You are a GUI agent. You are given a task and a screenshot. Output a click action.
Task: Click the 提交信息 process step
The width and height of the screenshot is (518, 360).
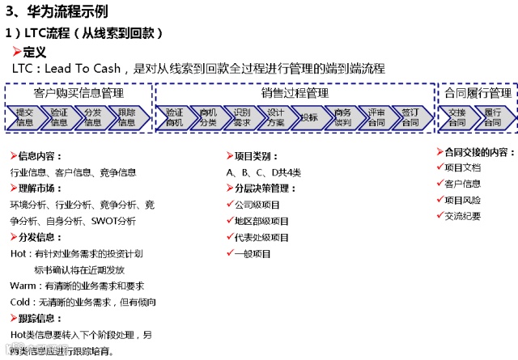[25, 117]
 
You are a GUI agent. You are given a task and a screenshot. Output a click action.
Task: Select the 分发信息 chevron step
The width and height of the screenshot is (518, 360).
[92, 117]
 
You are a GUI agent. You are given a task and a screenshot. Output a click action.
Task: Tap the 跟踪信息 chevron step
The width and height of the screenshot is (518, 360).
[126, 117]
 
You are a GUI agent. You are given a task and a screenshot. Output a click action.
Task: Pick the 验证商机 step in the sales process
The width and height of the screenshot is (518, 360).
[174, 117]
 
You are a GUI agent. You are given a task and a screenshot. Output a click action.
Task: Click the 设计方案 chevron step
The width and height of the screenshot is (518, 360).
[276, 117]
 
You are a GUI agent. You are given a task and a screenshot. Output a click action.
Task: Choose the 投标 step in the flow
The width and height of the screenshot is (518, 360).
[309, 117]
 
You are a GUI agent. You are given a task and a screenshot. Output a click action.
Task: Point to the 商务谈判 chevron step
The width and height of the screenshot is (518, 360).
[343, 117]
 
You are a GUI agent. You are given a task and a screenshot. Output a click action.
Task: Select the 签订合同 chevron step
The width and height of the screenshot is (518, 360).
[410, 117]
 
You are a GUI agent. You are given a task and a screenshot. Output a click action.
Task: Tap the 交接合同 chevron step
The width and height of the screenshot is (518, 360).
[457, 117]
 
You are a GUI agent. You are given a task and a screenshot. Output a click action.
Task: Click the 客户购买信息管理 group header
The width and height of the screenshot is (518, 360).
[79, 93]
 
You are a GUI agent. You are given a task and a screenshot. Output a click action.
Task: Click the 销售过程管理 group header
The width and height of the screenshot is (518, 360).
[295, 93]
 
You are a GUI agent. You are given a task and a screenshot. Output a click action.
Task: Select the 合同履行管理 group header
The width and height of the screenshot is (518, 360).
[478, 93]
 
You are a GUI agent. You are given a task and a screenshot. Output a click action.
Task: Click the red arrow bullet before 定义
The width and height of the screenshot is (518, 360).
[16, 52]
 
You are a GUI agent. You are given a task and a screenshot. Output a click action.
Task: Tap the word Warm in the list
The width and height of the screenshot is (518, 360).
[23, 286]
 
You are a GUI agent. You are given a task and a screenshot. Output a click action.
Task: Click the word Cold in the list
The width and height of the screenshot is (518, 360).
[21, 302]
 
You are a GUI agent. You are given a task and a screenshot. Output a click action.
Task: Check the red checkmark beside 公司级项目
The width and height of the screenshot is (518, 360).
[231, 205]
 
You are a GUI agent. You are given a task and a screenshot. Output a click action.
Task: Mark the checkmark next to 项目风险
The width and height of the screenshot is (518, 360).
[439, 199]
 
